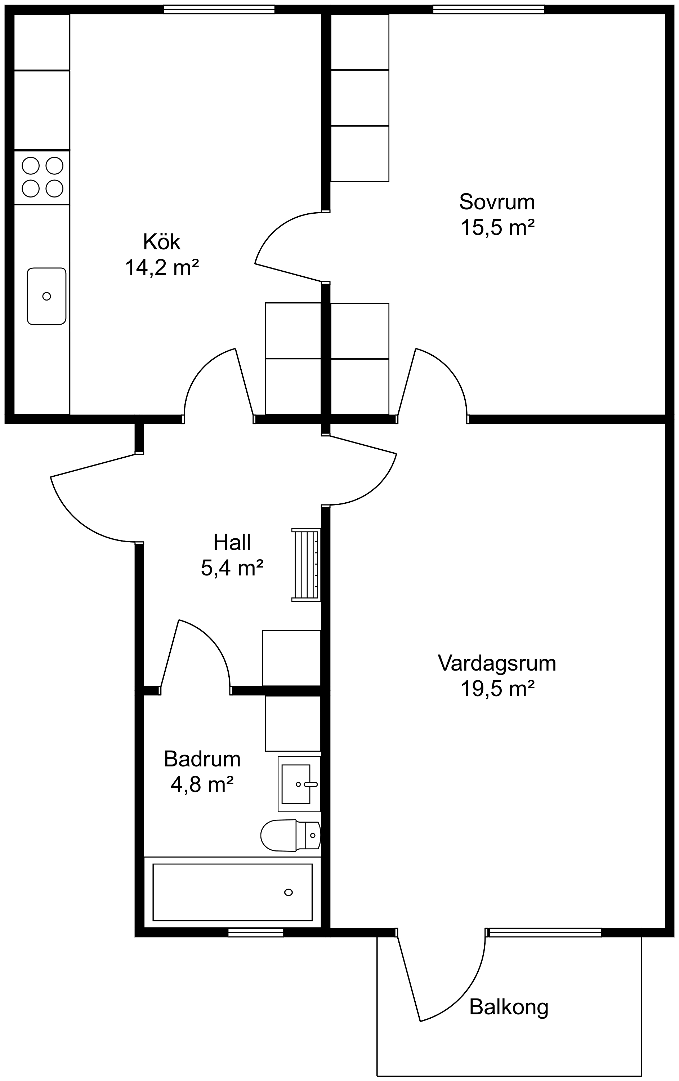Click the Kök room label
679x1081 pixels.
[162, 242]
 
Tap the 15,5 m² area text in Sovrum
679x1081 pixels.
[497, 228]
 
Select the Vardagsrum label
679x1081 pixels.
[497, 663]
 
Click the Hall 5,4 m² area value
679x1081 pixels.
[232, 568]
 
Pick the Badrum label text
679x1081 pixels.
[202, 759]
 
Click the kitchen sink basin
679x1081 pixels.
[47, 296]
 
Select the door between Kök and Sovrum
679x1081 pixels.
[287, 247]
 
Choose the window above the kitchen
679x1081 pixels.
[219, 9]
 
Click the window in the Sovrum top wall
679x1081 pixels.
[488, 9]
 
